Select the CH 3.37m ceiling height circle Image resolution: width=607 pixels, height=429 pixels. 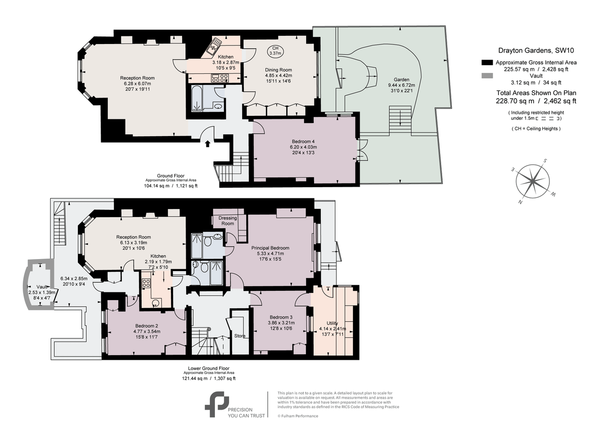click(x=275, y=51)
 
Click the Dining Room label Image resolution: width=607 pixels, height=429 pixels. click(x=279, y=70)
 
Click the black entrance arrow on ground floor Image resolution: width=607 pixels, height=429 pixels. click(x=207, y=144)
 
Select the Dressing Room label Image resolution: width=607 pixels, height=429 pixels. click(x=227, y=221)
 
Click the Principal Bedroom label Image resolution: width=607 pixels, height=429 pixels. click(x=271, y=248)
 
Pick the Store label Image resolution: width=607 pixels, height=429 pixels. click(x=239, y=335)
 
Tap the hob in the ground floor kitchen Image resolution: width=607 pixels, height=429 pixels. click(x=220, y=78)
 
